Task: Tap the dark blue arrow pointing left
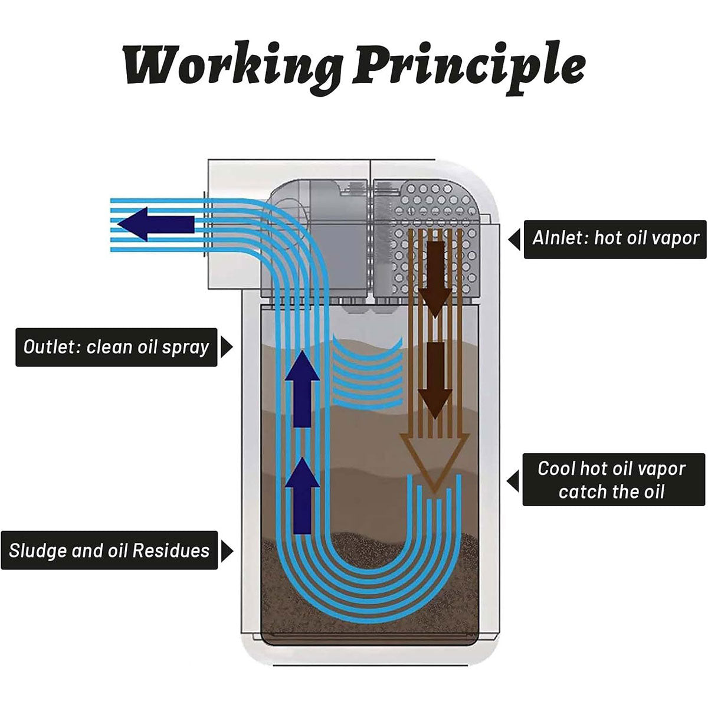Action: click(156, 224)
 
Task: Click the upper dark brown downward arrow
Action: click(435, 277)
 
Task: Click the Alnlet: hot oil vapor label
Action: click(615, 238)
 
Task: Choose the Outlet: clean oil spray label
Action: click(116, 347)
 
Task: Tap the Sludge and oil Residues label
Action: click(109, 551)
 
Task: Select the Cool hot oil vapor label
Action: click(614, 480)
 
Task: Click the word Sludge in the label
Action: click(37, 551)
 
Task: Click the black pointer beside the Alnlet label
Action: click(514, 239)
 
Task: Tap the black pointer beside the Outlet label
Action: click(226, 348)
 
